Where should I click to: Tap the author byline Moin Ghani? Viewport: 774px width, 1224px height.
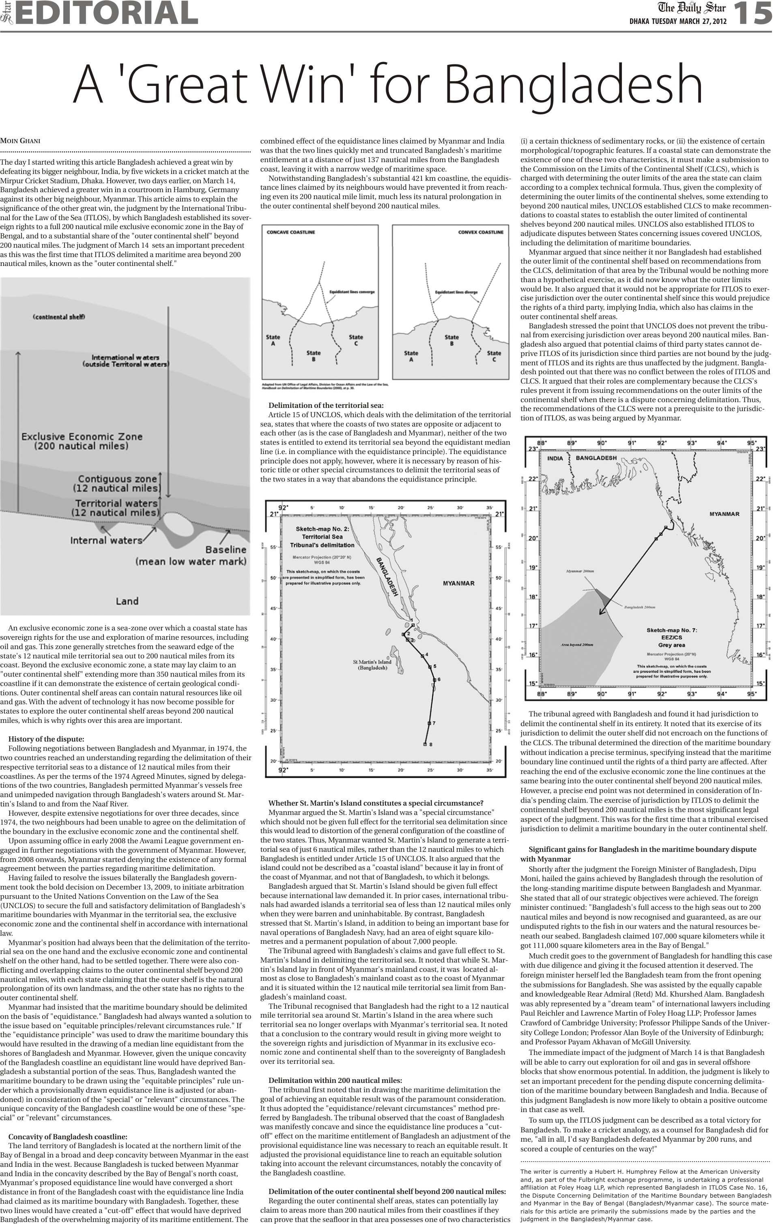click(20, 141)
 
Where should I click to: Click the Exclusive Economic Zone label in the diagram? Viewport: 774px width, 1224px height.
click(82, 441)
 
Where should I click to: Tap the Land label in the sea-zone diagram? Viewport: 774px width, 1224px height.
click(127, 601)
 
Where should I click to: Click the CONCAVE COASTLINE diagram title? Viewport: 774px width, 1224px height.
click(290, 232)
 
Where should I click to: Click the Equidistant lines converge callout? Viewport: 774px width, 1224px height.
click(352, 292)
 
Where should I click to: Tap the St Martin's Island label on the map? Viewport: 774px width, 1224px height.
click(373, 665)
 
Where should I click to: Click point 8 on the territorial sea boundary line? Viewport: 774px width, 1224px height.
click(425, 744)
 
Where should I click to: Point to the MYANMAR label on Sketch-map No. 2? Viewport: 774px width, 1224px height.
click(458, 583)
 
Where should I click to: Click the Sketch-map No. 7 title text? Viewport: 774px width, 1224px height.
click(671, 630)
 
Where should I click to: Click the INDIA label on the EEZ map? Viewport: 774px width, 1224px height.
click(555, 458)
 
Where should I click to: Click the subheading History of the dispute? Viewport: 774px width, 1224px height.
click(46, 739)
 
